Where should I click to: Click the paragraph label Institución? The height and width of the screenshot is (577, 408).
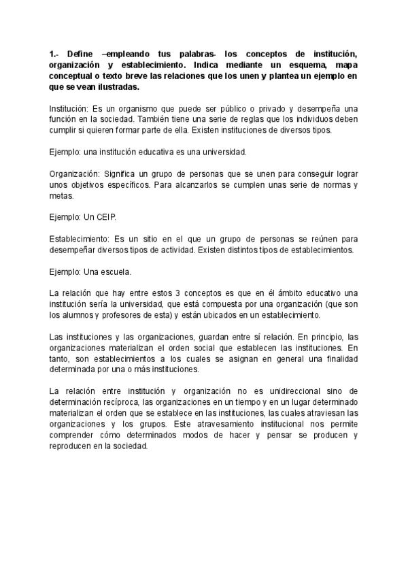point(72,109)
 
